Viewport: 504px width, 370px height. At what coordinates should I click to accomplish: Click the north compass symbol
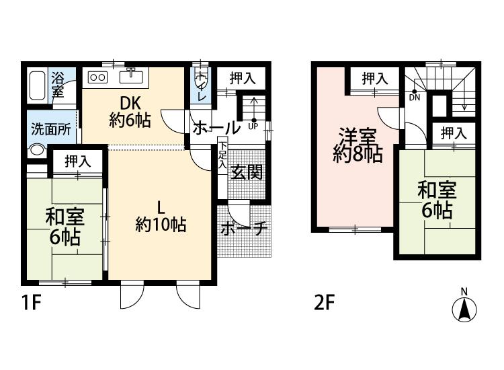(x=464, y=307)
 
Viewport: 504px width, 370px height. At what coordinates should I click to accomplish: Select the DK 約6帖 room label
(x=130, y=112)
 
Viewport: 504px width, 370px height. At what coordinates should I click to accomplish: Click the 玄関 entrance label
(x=247, y=172)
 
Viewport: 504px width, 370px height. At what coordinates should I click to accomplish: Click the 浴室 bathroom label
(x=58, y=85)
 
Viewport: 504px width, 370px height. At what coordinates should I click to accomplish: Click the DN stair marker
(x=415, y=97)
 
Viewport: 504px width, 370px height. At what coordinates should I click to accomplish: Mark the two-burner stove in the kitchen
(x=98, y=77)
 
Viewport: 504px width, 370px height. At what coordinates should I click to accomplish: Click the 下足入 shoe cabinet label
(x=222, y=155)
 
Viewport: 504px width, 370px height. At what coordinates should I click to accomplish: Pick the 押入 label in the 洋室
(x=375, y=79)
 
